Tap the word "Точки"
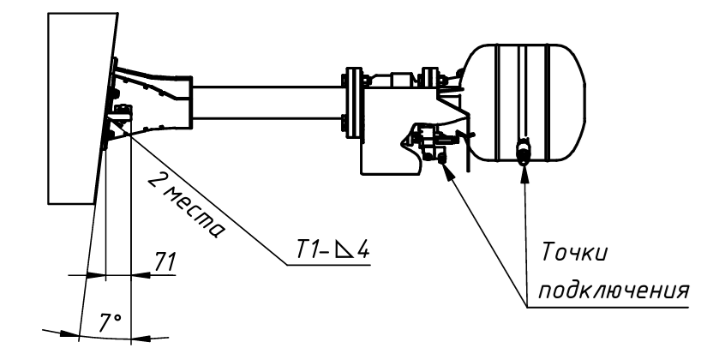point(574,252)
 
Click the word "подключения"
point(614,290)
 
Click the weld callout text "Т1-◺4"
point(333,249)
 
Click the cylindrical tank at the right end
point(525,102)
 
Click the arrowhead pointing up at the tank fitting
point(524,173)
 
